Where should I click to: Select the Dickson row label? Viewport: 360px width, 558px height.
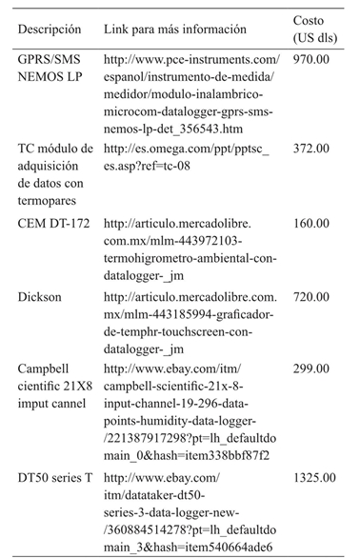point(40,297)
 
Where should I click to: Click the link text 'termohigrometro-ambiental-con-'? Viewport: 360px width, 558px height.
point(191,258)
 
